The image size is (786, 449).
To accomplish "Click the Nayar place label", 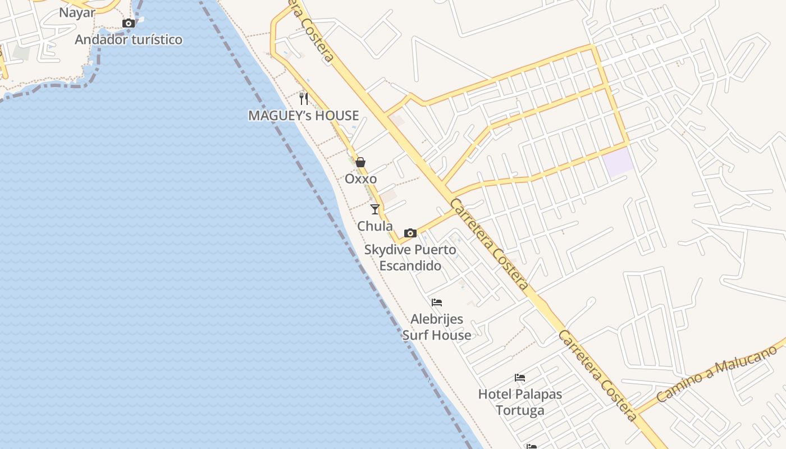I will click(77, 13).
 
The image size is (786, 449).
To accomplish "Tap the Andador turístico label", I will click(129, 40).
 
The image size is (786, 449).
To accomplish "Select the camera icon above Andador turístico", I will click(129, 23).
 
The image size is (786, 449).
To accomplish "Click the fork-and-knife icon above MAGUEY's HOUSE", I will click(304, 99).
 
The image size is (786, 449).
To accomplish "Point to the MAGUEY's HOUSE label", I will click(304, 116).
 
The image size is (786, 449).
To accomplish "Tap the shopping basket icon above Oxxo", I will click(360, 162).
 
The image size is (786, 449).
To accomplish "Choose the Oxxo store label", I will click(360, 179).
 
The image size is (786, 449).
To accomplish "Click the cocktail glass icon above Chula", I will click(375, 209).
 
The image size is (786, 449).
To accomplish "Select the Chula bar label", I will click(375, 226).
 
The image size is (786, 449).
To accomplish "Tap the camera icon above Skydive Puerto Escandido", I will click(410, 233).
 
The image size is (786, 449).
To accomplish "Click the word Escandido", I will click(410, 265).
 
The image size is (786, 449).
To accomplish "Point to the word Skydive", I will click(385, 249).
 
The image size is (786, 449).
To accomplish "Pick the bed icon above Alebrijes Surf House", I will click(437, 303).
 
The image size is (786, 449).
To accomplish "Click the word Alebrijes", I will click(437, 319).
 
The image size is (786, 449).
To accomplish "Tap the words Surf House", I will click(437, 336).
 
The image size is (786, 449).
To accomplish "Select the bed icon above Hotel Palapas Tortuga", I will click(520, 378).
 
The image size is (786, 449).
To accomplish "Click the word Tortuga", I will click(520, 410).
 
